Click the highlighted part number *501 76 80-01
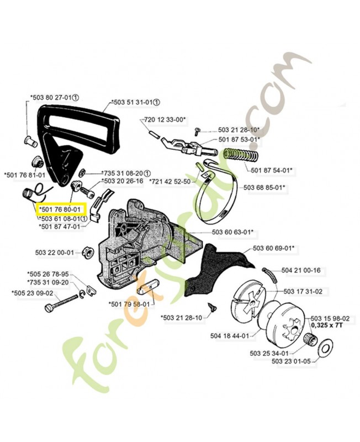(61, 209)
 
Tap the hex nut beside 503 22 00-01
(87, 253)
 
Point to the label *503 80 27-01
(51, 98)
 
